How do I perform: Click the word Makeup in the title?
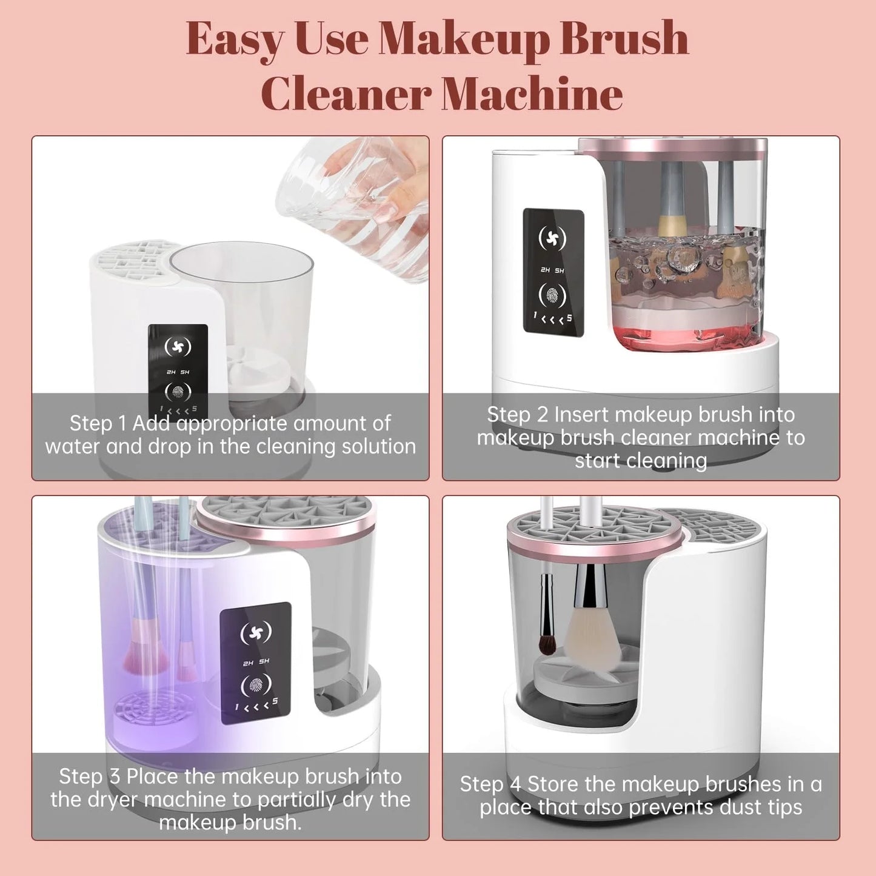464,39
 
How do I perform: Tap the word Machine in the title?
532,95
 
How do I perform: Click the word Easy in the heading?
235,39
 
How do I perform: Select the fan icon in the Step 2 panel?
552,238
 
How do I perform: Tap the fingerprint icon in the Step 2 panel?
552,296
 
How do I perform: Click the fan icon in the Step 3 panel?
256,633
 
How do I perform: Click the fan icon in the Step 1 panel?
178,347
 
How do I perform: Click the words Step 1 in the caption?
98,423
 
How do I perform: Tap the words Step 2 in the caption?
517,415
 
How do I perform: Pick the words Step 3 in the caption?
89,777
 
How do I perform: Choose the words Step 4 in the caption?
490,784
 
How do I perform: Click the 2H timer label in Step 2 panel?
545,270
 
